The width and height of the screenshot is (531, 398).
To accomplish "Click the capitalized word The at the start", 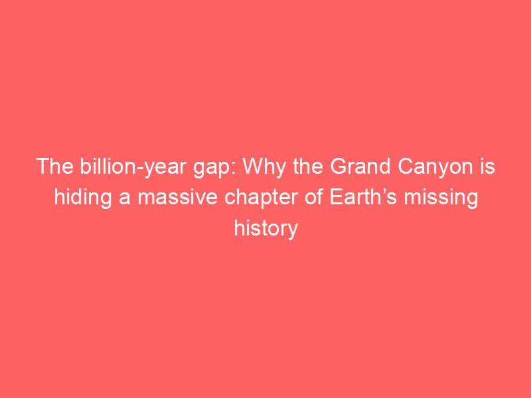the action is click(x=55, y=166).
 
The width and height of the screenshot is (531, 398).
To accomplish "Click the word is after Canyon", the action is click(x=487, y=166).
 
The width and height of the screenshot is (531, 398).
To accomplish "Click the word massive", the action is click(x=177, y=198).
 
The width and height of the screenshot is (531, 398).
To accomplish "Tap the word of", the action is click(x=314, y=197).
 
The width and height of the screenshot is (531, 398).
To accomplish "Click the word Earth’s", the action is click(x=363, y=197).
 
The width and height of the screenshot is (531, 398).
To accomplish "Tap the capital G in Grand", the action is click(x=338, y=166).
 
